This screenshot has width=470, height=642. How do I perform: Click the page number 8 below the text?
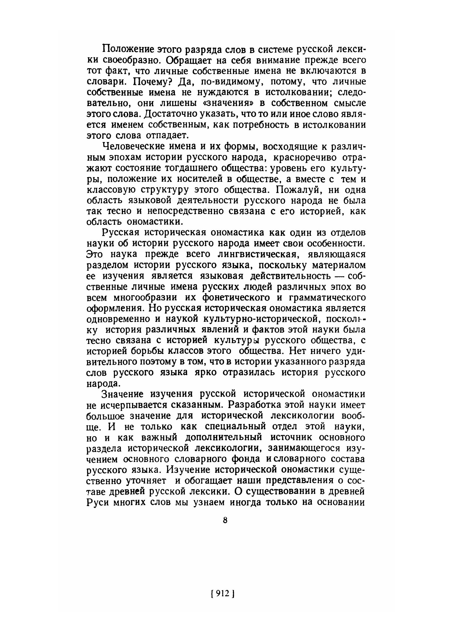pyautogui.click(x=225, y=520)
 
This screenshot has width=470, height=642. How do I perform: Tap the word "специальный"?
pyautogui.click(x=235, y=427)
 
